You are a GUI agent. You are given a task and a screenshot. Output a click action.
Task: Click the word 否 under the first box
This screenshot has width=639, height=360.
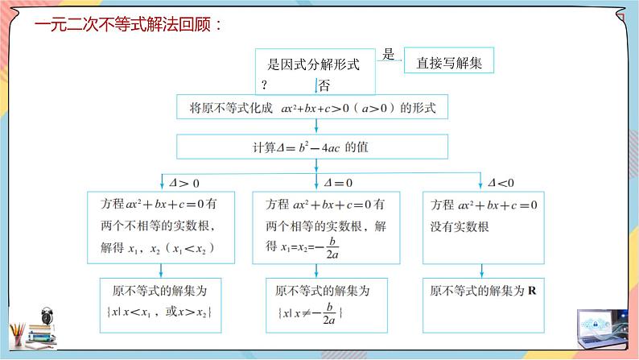[324, 84]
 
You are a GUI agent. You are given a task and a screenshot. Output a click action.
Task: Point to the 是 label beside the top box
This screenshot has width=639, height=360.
[389, 55]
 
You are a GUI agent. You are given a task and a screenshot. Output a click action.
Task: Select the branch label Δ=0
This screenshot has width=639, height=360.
[338, 182]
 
